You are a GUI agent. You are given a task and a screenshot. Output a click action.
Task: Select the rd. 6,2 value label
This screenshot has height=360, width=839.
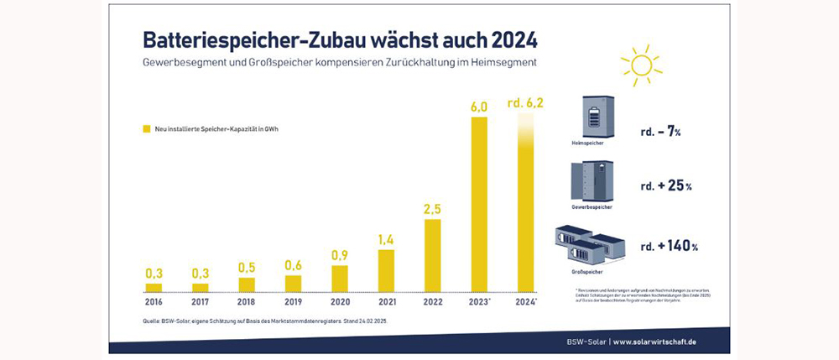(526, 104)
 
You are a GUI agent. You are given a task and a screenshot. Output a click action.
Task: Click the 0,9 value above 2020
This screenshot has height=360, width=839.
(340, 253)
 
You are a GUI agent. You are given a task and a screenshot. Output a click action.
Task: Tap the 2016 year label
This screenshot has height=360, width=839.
(154, 300)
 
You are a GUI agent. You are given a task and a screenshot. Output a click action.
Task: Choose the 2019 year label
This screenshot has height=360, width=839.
(293, 300)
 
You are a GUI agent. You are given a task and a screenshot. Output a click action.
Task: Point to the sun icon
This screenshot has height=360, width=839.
(640, 65)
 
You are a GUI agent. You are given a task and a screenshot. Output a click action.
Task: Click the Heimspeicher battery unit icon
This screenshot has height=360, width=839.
(597, 117)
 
